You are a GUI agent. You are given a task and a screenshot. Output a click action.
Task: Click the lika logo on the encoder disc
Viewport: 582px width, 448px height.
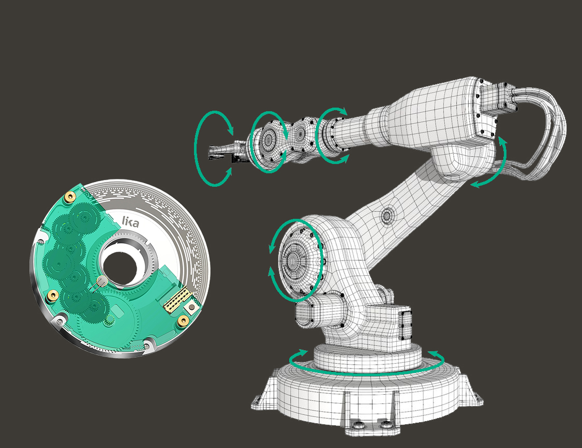click(x=130, y=221)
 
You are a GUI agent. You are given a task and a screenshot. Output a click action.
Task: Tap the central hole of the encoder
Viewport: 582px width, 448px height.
click(x=120, y=264)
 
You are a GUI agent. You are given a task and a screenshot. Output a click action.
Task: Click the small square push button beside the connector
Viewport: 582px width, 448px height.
click(x=191, y=307)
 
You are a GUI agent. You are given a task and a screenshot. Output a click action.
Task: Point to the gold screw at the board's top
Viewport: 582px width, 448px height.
click(x=69, y=198)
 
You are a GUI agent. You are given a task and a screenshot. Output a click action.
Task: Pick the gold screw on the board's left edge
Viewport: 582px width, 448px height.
click(x=53, y=296)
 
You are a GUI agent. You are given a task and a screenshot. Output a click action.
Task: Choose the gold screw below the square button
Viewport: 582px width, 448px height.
click(x=183, y=320)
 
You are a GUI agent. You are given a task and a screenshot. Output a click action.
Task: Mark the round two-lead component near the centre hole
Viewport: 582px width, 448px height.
click(x=101, y=281)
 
